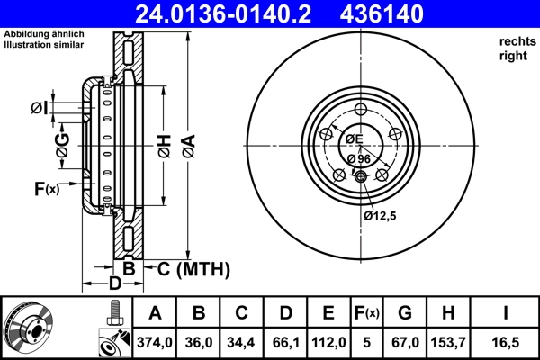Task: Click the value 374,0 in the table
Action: [x=154, y=343]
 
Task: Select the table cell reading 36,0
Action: [x=199, y=343]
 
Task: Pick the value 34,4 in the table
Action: [x=242, y=343]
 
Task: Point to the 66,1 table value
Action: [x=285, y=343]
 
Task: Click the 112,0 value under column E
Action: [x=328, y=343]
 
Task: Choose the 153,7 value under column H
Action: [x=449, y=343]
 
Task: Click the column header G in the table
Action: [x=405, y=313]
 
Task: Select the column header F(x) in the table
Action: [x=367, y=313]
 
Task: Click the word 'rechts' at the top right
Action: [x=516, y=41]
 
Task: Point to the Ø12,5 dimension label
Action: [x=381, y=215]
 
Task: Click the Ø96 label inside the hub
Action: [x=358, y=158]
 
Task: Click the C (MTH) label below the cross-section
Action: [x=193, y=268]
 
